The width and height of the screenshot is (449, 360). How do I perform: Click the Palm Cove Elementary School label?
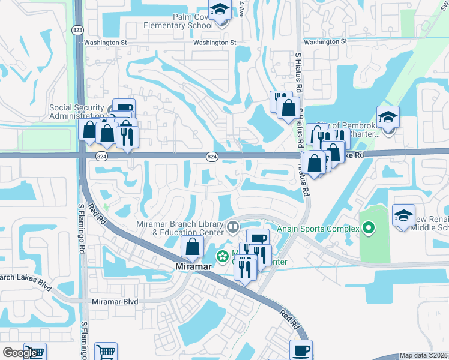178,22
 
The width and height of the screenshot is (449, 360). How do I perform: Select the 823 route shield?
77,29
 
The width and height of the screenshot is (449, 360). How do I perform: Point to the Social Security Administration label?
76,112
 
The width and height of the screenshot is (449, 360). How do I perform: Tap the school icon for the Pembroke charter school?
388,118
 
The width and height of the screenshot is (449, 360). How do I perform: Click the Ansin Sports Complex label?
317,229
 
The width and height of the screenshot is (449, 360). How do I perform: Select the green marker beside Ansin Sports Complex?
369,228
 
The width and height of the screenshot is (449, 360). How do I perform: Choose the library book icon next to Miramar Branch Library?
232,227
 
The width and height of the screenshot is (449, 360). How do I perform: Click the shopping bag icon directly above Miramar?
192,247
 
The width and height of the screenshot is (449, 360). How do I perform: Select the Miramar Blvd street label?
115,302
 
